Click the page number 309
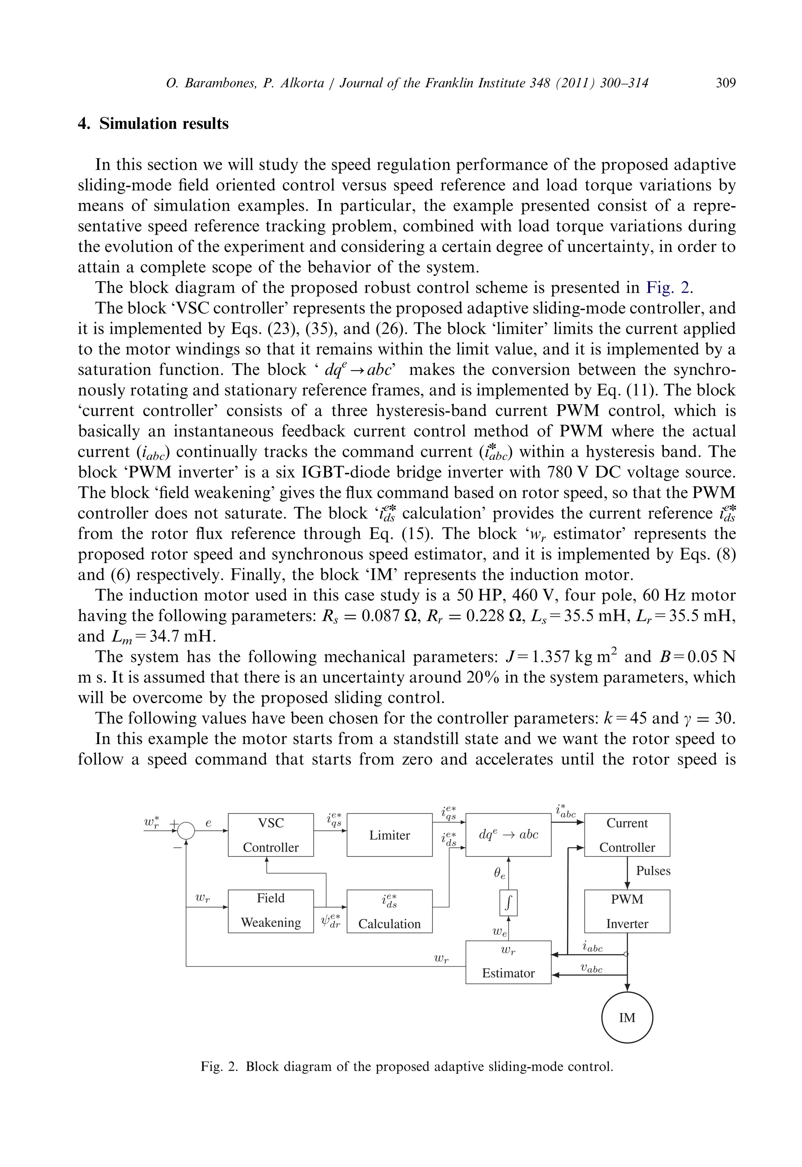point(725,83)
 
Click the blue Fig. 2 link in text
point(668,288)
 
